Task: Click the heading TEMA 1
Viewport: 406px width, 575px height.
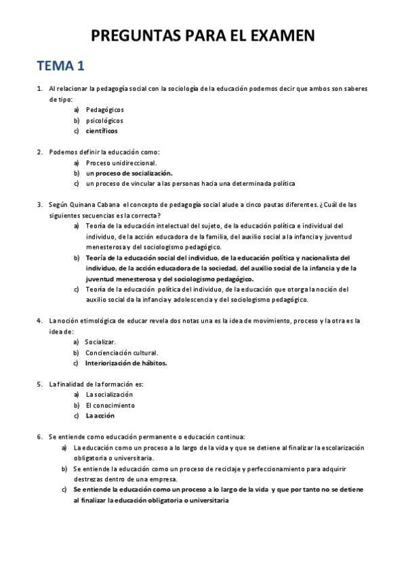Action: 61,66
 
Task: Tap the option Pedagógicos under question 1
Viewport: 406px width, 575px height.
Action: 105,109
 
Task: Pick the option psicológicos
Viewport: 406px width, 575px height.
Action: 104,120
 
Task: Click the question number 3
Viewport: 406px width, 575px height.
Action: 40,204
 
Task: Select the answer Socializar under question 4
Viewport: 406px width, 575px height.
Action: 100,342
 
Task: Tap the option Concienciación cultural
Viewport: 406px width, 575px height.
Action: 121,353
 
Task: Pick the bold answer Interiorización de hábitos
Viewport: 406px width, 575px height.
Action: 126,363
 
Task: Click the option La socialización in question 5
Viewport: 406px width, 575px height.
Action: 109,394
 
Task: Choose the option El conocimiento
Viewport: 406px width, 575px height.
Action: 110,405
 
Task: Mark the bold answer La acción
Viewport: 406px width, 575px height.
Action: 100,415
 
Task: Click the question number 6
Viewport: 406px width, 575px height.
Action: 40,437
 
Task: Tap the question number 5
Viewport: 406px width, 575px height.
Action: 40,384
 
